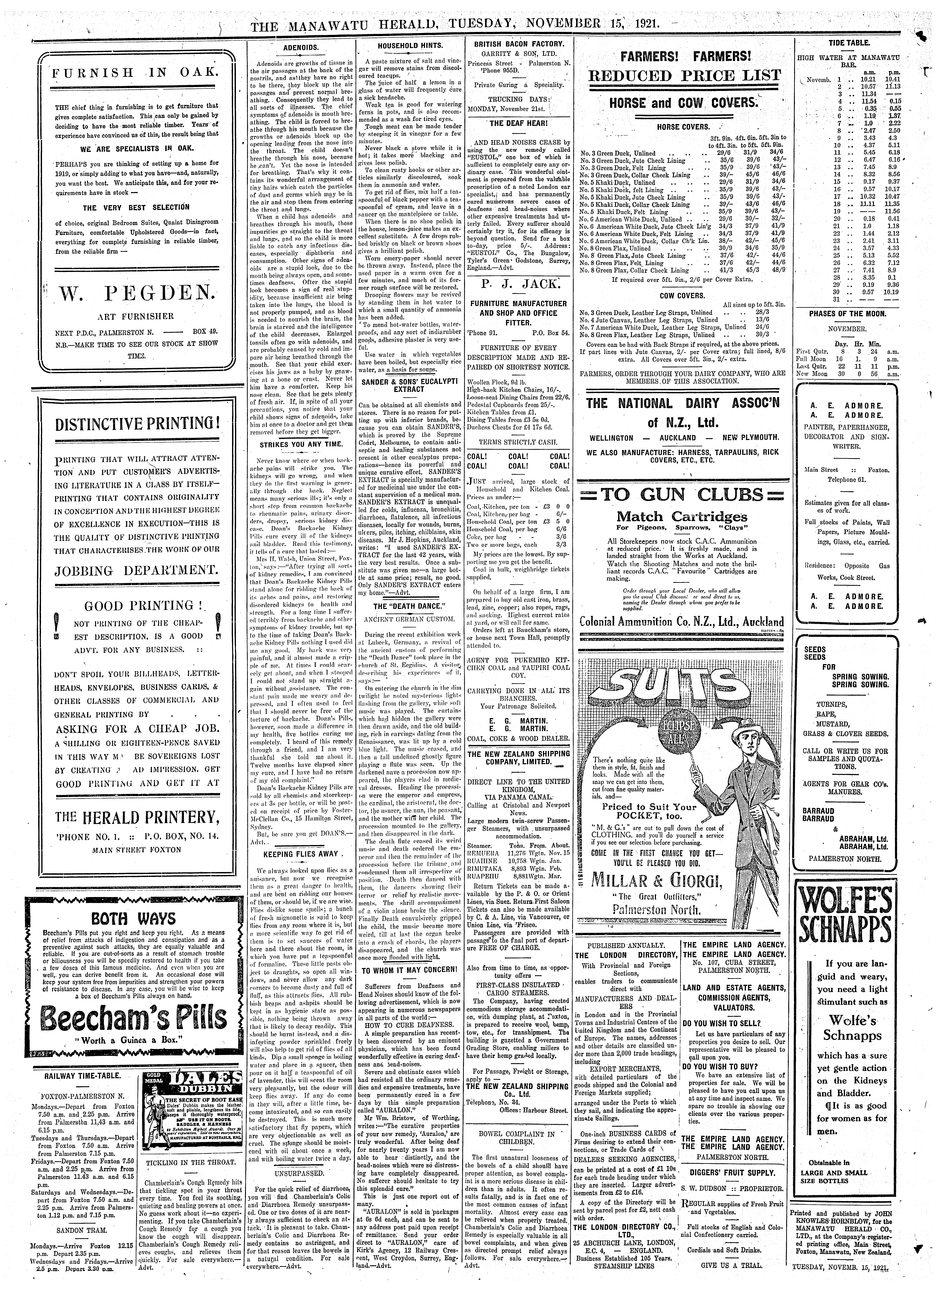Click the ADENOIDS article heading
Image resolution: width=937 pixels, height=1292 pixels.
point(301,48)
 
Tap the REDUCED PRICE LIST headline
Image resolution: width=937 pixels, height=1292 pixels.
point(683,76)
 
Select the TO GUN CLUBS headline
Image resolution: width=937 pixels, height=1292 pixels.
point(683,494)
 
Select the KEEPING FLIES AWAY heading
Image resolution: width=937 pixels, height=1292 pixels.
point(301,854)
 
